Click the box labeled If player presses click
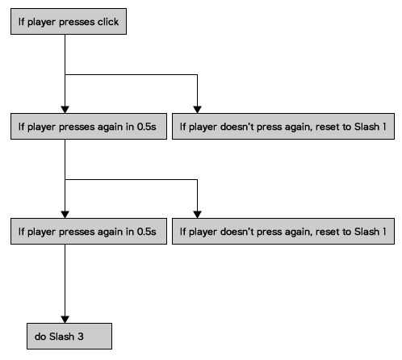click(x=69, y=22)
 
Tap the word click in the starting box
click(x=108, y=22)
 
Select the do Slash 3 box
click(x=69, y=336)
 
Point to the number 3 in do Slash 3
click(x=81, y=337)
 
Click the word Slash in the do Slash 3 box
click(x=62, y=337)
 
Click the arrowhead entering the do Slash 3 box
click(x=65, y=320)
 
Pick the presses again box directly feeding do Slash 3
click(x=89, y=232)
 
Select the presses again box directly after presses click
click(x=89, y=127)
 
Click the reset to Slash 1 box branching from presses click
click(x=283, y=127)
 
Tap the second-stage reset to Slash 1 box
click(x=283, y=232)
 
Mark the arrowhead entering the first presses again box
click(x=65, y=110)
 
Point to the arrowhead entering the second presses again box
click(x=65, y=215)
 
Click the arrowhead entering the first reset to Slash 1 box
click(x=197, y=110)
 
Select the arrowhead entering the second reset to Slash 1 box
click(x=197, y=215)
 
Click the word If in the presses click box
click(x=21, y=22)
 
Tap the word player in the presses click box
click(x=42, y=23)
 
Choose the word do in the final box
click(x=40, y=337)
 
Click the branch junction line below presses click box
click(x=131, y=74)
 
